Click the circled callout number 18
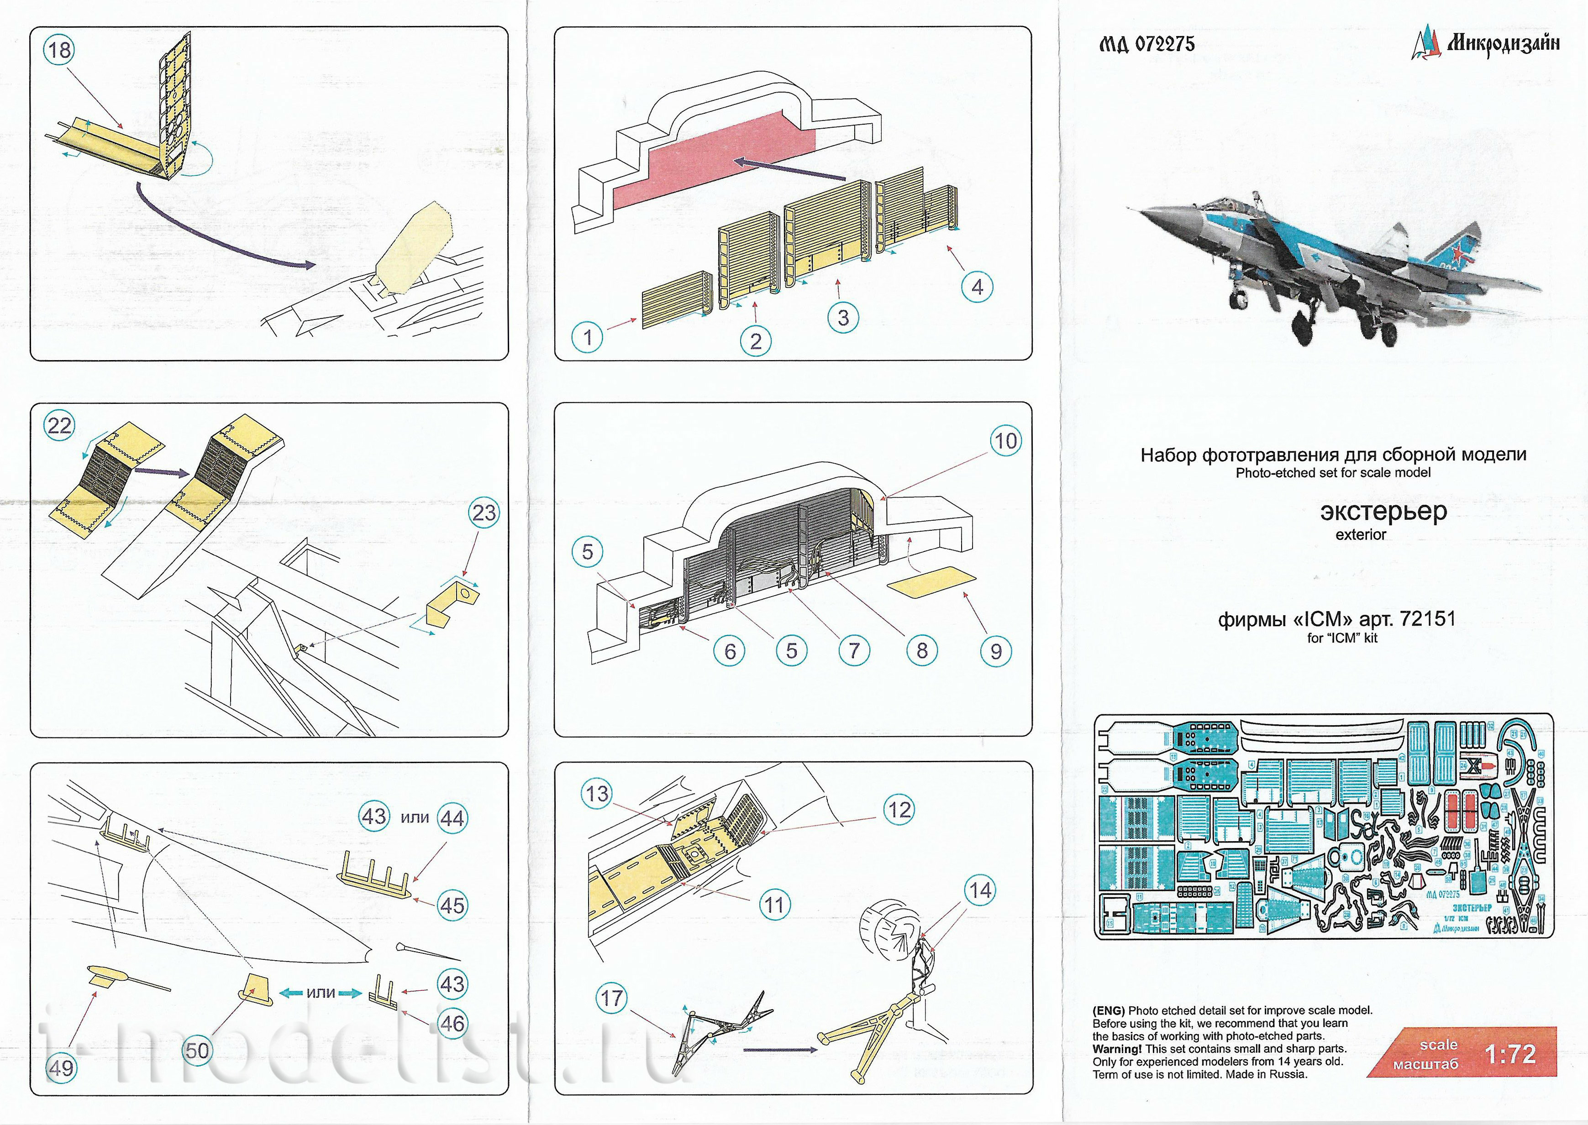[x=60, y=50]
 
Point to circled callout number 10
[x=1005, y=440]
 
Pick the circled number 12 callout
[x=899, y=809]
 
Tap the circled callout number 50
[x=197, y=1050]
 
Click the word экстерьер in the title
[x=1383, y=511]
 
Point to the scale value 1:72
[x=1510, y=1054]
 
